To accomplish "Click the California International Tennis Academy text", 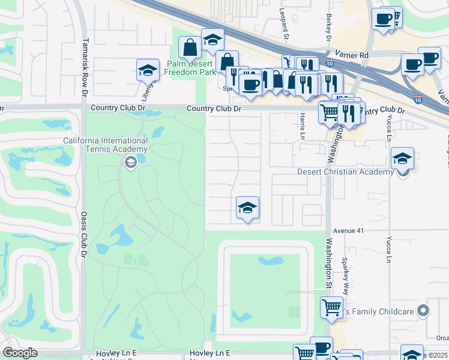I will pos(105,145).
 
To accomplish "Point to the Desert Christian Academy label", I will pos(345,172).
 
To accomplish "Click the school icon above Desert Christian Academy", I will pos(403,159).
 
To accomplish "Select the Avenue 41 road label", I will pos(349,230).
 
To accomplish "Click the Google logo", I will pos(20,353).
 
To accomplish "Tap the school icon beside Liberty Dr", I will pos(148,71).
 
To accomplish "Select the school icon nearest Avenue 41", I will pos(247,208).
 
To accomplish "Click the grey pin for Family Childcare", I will pos(423,311).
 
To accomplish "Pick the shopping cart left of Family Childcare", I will pos(331,308).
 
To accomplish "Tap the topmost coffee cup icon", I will pos(382,19).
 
